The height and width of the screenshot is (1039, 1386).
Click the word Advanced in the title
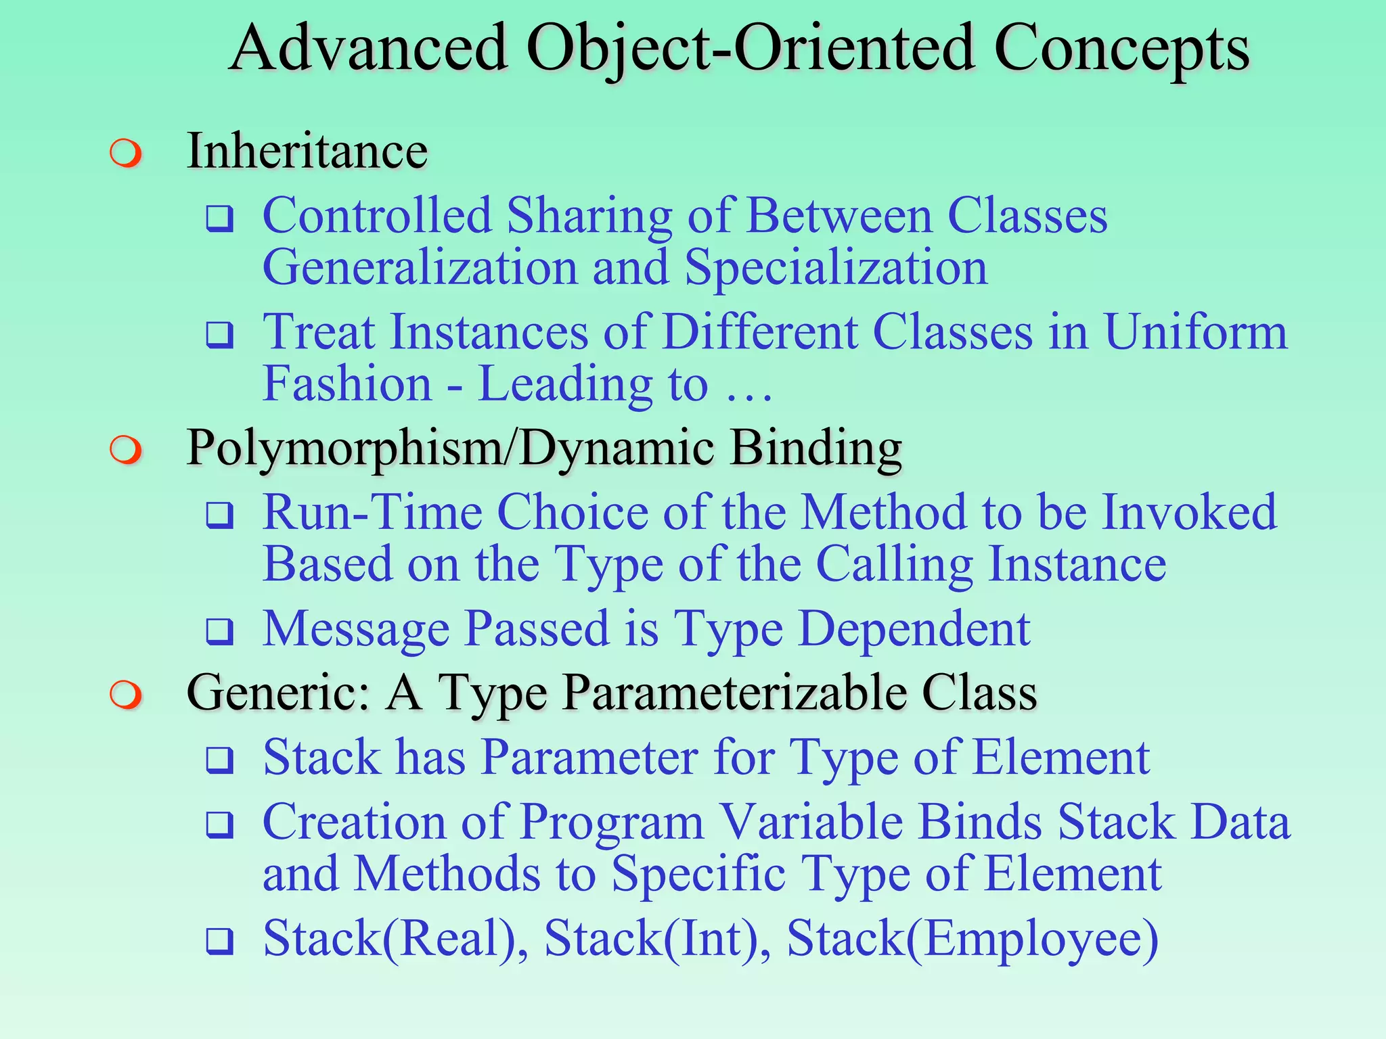(369, 49)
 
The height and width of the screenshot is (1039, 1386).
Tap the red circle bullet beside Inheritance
(127, 153)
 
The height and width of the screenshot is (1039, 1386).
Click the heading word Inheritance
(307, 150)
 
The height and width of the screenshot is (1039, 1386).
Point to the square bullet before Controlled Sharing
(220, 219)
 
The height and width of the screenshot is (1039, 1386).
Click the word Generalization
(420, 267)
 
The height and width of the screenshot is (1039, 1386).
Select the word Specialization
(836, 269)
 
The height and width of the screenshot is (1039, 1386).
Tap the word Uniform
(1196, 332)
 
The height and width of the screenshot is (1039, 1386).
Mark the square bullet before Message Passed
(220, 632)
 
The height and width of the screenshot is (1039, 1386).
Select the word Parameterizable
(735, 694)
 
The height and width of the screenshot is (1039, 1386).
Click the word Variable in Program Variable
(811, 822)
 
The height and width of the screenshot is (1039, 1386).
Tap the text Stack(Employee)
(973, 939)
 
